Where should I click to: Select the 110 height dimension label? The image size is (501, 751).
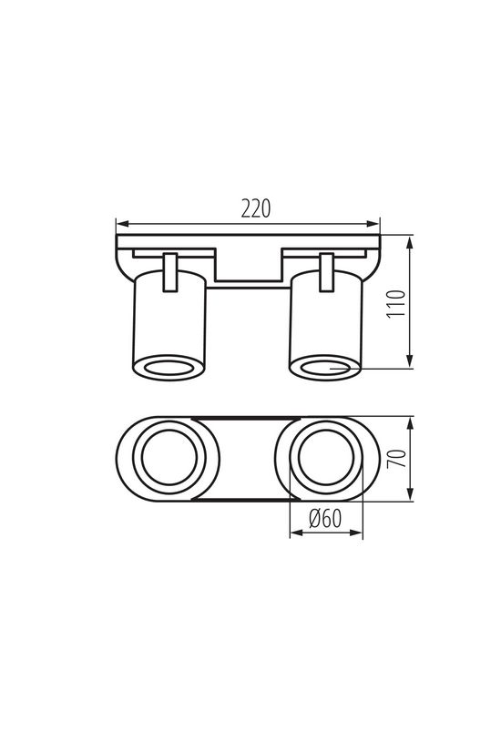coord(394,303)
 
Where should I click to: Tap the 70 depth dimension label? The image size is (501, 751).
coord(394,460)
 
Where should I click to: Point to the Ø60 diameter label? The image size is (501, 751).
coord(325,519)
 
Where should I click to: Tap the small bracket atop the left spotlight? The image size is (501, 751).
coord(169,273)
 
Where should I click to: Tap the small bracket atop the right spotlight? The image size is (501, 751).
coord(325,273)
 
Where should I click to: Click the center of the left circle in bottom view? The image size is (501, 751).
coord(169,460)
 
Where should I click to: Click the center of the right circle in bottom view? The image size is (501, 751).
coord(326,460)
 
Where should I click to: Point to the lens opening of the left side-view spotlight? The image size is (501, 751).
coord(169,367)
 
